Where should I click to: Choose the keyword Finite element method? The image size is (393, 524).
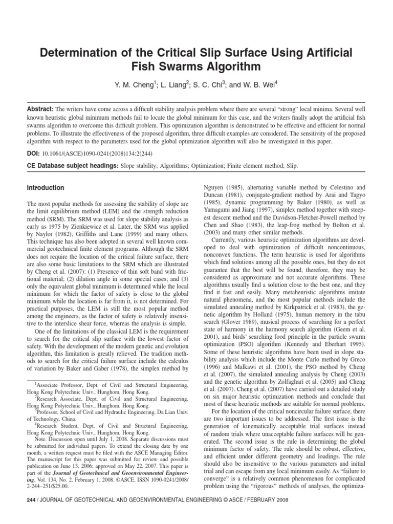point(230,166)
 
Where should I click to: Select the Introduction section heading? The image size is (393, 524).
point(46,188)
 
